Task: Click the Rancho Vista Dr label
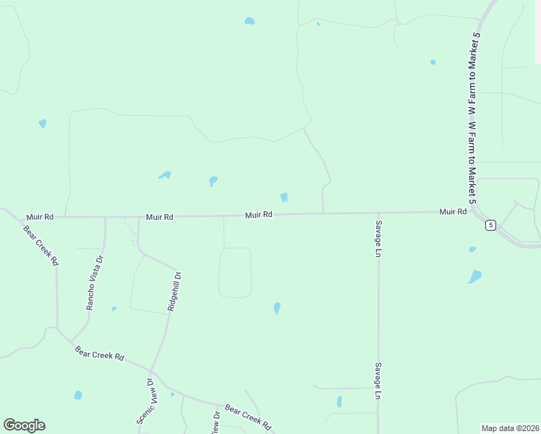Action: (90, 283)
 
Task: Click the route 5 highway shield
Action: (490, 225)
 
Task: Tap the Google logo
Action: (24, 425)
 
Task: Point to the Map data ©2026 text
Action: (510, 428)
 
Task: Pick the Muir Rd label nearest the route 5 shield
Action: (452, 212)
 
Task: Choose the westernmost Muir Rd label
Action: (40, 216)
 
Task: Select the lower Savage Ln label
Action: (378, 381)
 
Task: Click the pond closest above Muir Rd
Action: (284, 197)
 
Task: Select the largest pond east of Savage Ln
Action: (474, 276)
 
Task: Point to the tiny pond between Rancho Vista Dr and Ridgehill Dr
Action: (114, 309)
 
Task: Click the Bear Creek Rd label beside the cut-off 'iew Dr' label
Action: (247, 417)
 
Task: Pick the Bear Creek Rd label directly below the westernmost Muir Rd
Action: (41, 246)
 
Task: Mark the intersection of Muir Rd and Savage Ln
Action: (378, 213)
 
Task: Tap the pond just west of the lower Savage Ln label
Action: (339, 401)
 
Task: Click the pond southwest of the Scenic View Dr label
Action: (78, 395)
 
